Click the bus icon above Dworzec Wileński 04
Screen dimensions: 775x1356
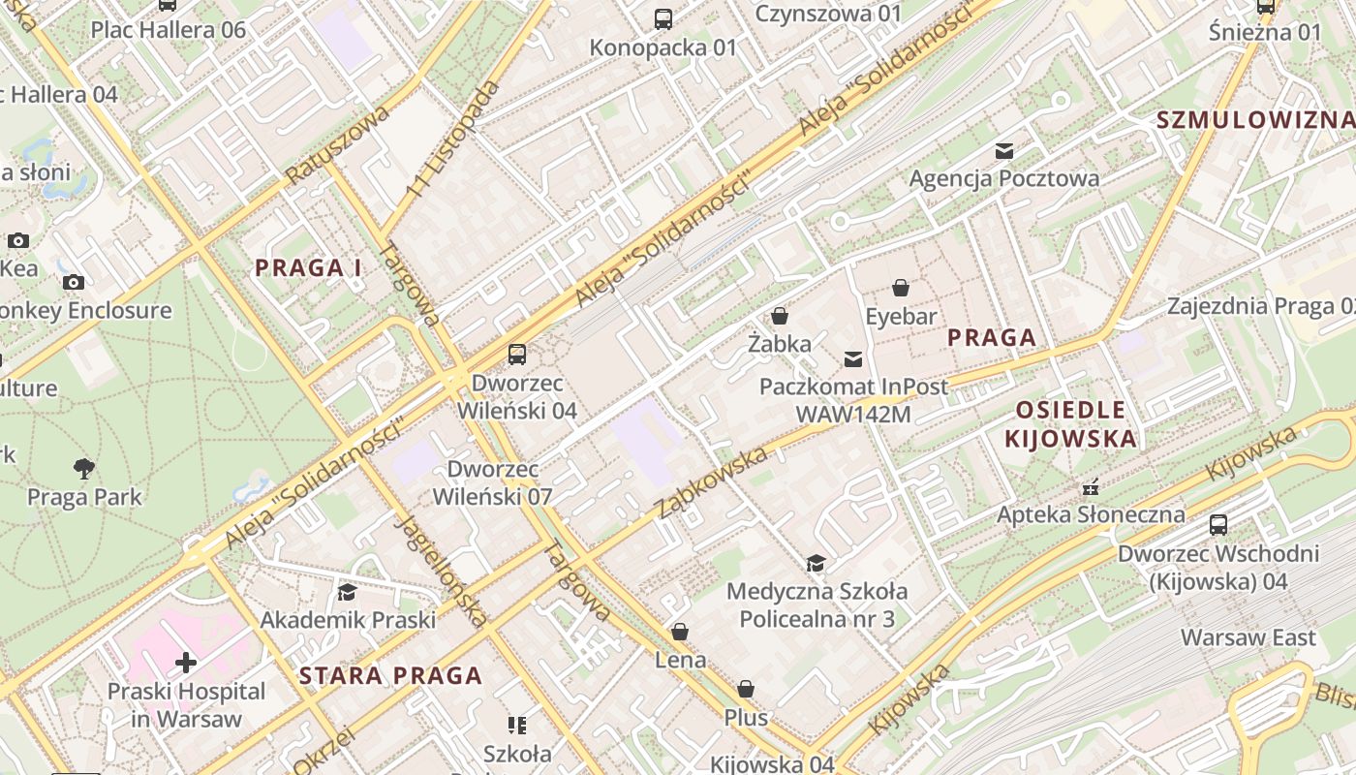pos(517,355)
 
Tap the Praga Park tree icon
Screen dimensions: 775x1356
pos(84,469)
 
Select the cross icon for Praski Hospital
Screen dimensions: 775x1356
pos(185,663)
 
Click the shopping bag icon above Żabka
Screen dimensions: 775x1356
pos(779,316)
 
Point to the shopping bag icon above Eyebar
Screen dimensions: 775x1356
pos(901,288)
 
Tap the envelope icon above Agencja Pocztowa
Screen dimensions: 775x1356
pos(1004,150)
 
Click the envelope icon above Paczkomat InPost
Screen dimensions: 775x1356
pos(852,359)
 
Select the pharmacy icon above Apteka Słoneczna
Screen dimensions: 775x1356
pos(1091,486)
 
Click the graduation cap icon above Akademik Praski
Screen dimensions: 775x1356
pos(347,592)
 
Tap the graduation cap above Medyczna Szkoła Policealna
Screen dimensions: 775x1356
pos(817,563)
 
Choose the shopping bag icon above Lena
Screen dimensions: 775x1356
pos(680,632)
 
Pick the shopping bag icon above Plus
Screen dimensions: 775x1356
pos(745,689)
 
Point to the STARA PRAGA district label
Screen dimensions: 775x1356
pos(390,675)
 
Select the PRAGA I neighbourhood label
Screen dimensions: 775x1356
pos(308,268)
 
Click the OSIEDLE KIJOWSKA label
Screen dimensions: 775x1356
pos(1070,423)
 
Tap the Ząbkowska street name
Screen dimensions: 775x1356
pos(713,482)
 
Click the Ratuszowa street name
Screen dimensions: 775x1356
pos(337,145)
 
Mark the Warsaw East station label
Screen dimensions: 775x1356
pos(1248,637)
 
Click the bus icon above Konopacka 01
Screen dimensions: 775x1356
pos(663,19)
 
